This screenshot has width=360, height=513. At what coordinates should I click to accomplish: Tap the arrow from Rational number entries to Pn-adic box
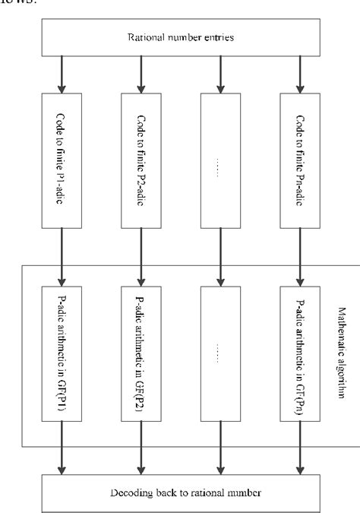click(298, 74)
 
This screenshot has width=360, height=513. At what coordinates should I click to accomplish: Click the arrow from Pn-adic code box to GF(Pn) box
click(298, 255)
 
